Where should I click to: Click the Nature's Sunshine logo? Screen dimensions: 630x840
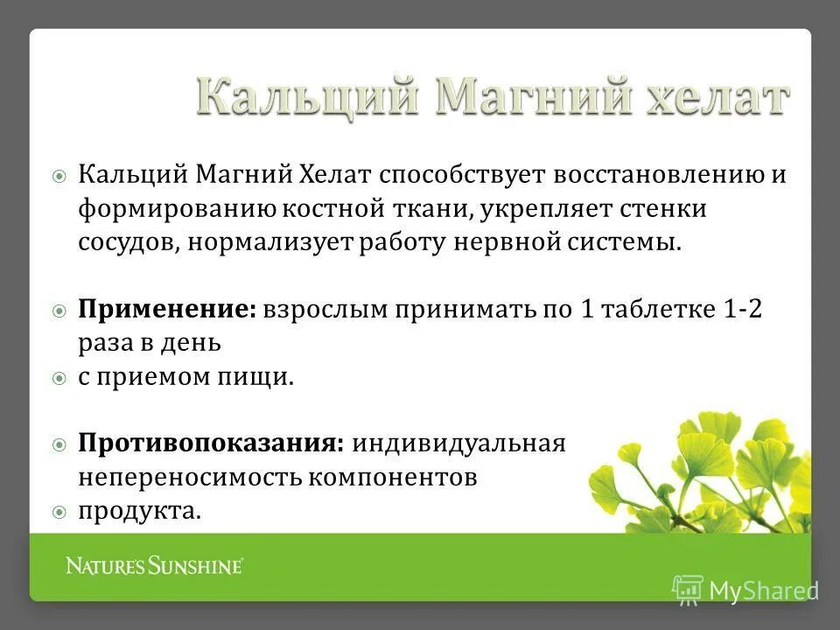[154, 566]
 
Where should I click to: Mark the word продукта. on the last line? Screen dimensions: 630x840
[140, 511]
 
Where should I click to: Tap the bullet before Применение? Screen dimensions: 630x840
[59, 311]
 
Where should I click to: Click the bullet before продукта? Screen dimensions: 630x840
[59, 511]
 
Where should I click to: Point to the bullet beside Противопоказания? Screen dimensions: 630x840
[59, 444]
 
